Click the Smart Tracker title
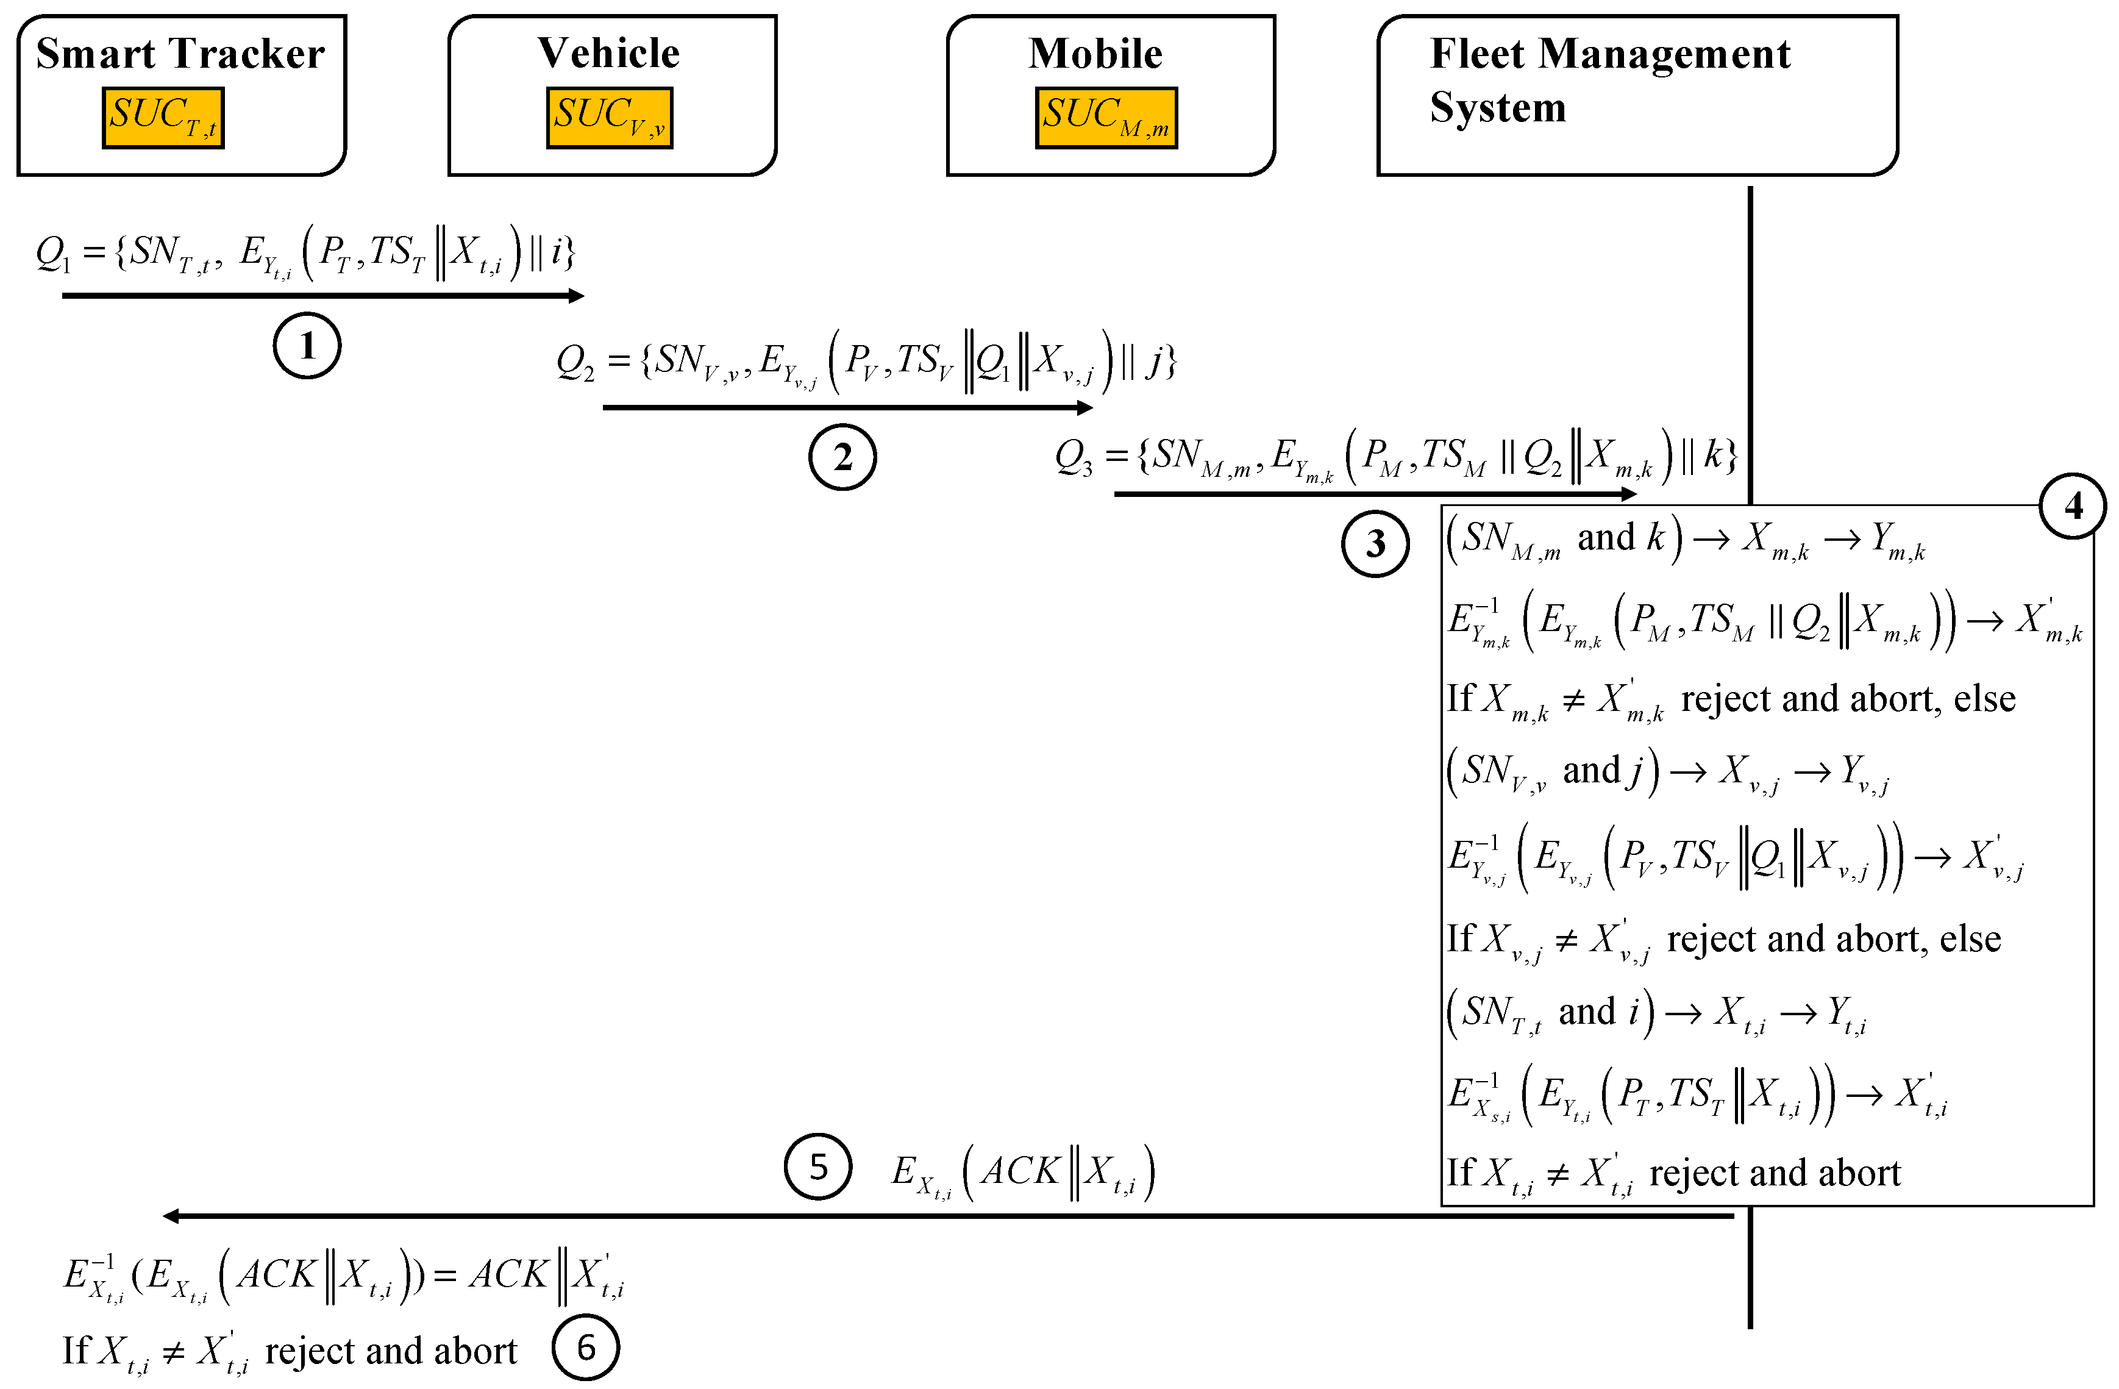coord(180,54)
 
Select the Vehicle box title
coord(609,54)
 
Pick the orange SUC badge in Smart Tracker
coord(163,118)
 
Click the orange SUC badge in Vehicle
coord(610,118)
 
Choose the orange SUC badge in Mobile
coord(1106,118)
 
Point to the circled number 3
coord(1375,543)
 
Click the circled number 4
coord(2073,505)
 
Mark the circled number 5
coord(818,1166)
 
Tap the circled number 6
coord(585,1347)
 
